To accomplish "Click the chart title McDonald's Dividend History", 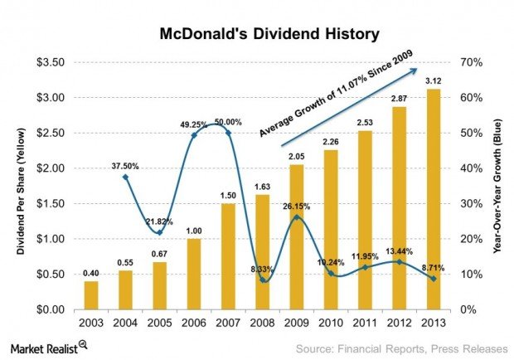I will pos(257,35).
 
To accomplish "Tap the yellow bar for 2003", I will pos(90,295).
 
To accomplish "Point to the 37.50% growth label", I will pos(125,165).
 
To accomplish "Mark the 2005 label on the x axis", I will pos(159,323).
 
